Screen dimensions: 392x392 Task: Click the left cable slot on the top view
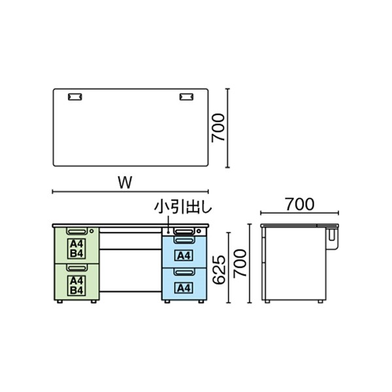click(75, 97)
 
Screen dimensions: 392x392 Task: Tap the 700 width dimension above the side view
click(299, 204)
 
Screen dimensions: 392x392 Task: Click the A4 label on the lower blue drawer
click(184, 286)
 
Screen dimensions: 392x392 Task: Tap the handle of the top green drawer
click(76, 231)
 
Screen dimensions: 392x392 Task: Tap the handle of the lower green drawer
click(76, 267)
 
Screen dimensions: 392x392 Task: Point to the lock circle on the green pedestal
click(92, 231)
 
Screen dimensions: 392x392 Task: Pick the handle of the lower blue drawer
click(184, 272)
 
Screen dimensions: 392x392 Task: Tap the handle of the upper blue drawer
click(184, 240)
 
